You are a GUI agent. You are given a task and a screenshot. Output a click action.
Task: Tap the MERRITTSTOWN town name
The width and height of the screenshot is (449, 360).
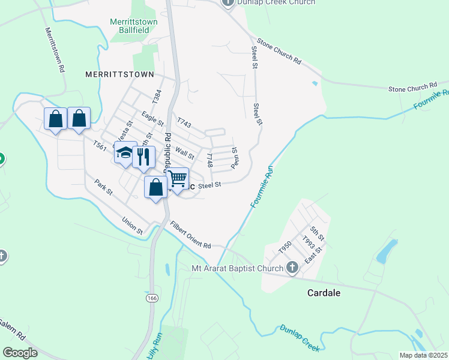pyautogui.click(x=120, y=74)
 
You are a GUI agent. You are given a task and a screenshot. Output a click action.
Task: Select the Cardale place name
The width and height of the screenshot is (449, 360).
pyautogui.click(x=324, y=293)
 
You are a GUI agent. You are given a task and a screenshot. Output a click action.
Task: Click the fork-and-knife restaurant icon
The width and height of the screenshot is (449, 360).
pyautogui.click(x=143, y=157)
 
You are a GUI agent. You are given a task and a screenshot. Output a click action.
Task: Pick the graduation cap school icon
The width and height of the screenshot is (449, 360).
pyautogui.click(x=125, y=152)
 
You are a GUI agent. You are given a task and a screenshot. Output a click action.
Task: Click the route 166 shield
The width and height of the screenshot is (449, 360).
pyautogui.click(x=151, y=298)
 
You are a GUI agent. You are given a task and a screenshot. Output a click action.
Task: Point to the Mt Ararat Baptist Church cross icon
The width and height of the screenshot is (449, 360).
pyautogui.click(x=292, y=268)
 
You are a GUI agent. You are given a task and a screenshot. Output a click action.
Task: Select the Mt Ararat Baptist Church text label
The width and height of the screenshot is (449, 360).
pyautogui.click(x=237, y=268)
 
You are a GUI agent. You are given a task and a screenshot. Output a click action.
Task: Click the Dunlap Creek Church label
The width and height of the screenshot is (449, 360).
pyautogui.click(x=276, y=2)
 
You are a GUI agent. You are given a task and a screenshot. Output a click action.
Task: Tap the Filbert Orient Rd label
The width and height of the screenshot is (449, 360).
pyautogui.click(x=190, y=236)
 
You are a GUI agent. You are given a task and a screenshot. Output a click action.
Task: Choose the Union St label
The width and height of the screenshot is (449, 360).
pyautogui.click(x=131, y=226)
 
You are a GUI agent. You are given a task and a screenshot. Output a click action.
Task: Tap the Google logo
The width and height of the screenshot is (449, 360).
pyautogui.click(x=20, y=353)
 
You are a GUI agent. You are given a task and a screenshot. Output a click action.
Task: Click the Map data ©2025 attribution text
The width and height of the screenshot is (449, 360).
pyautogui.click(x=423, y=355)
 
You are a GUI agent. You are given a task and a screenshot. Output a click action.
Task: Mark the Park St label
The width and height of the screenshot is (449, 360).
pyautogui.click(x=101, y=187)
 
